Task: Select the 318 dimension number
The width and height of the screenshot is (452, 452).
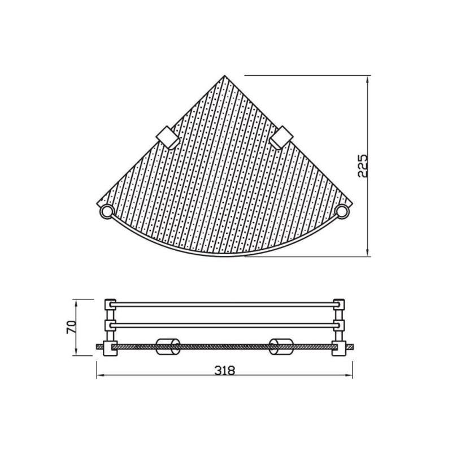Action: (225, 371)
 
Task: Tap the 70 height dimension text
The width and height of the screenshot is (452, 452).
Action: (72, 327)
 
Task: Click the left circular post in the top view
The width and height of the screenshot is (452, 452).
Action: (106, 212)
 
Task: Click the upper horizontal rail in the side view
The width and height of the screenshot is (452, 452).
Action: (225, 305)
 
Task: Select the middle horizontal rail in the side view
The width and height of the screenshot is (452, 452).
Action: (225, 325)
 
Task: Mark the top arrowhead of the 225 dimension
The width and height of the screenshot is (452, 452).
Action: (368, 78)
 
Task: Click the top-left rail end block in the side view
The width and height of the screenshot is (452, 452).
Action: (110, 305)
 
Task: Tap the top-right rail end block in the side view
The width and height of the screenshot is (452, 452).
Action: (340, 305)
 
